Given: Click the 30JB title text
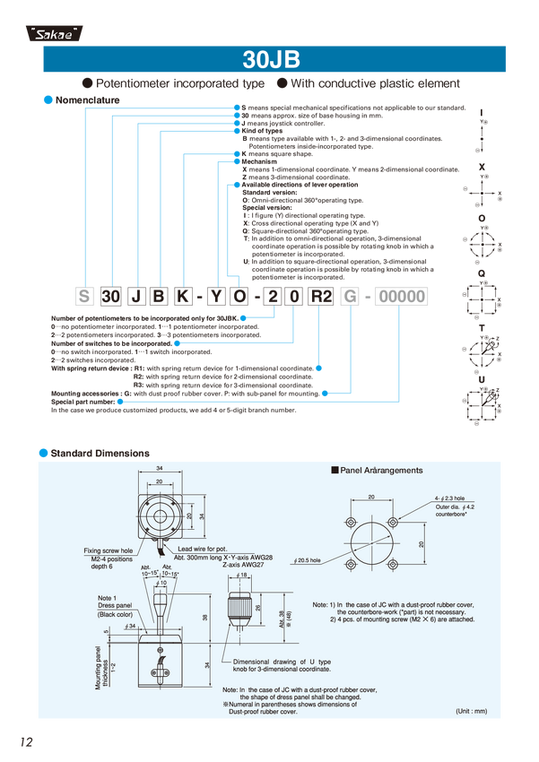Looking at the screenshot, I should click(269, 60).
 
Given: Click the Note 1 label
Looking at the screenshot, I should click(108, 596).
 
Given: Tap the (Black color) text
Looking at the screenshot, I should click(114, 614).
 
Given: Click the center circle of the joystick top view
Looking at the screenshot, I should click(160, 516).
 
